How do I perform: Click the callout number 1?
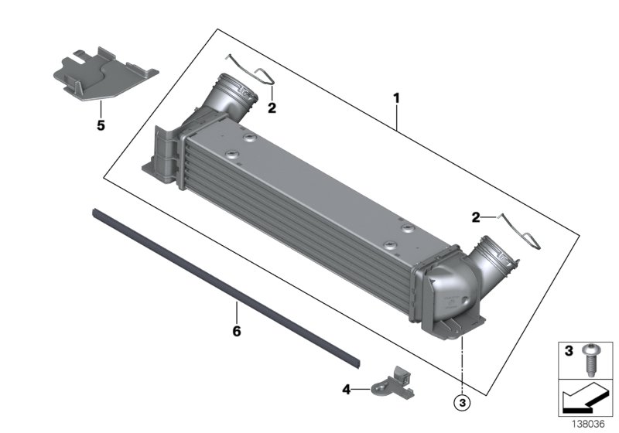[x=396, y=98]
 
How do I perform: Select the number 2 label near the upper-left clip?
[x=272, y=108]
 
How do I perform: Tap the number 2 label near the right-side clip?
[x=477, y=217]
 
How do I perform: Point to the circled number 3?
[x=462, y=401]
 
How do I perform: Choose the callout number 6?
[x=237, y=331]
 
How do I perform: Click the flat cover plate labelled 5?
[x=104, y=74]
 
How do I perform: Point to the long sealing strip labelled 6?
[x=224, y=286]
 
